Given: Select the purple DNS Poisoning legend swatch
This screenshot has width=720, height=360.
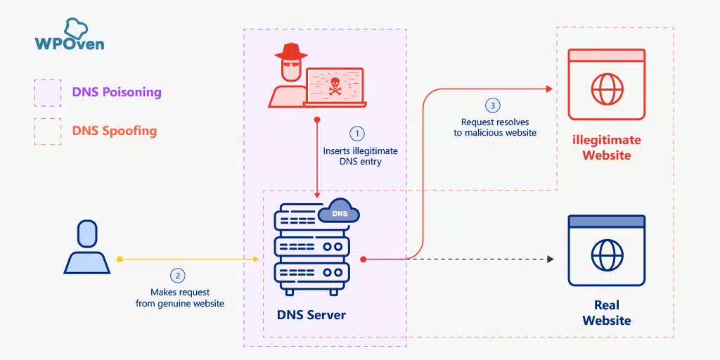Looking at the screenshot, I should pyautogui.click(x=47, y=92).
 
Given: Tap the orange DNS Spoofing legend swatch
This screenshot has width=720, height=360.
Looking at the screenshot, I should pyautogui.click(x=47, y=131).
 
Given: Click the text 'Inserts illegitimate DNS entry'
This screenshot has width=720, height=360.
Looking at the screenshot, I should pyautogui.click(x=360, y=156).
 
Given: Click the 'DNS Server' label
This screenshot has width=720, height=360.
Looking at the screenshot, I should pyautogui.click(x=311, y=314).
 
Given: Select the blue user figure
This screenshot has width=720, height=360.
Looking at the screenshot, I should pyautogui.click(x=86, y=247).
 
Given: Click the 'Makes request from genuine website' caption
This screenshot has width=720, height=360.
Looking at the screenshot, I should pyautogui.click(x=180, y=297).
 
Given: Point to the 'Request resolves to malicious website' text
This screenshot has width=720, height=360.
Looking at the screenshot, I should pyautogui.click(x=495, y=127).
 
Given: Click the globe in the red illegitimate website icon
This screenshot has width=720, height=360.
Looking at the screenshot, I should pyautogui.click(x=606, y=90).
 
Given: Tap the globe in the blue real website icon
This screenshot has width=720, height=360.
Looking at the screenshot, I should pyautogui.click(x=606, y=255).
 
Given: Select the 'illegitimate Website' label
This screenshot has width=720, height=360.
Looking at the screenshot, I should pyautogui.click(x=606, y=147).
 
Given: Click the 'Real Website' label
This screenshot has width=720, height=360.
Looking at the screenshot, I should pyautogui.click(x=606, y=313).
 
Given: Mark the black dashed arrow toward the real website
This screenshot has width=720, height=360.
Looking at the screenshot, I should pyautogui.click(x=485, y=259).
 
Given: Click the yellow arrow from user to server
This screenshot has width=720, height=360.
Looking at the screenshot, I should pyautogui.click(x=190, y=259).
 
